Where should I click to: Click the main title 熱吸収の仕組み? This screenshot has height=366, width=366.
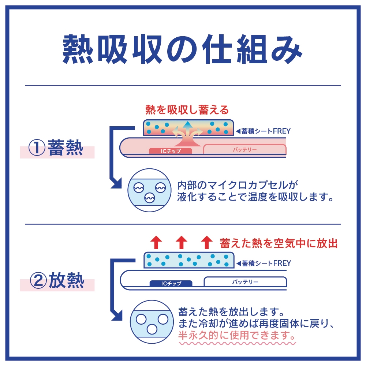pos(182,49)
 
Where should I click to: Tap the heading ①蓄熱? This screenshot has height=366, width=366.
pos(56,147)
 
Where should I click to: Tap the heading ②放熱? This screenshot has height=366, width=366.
pos(57,280)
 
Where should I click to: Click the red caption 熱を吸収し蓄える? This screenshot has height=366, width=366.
pos(187,110)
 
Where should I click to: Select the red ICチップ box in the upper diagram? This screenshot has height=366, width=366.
pos(171,151)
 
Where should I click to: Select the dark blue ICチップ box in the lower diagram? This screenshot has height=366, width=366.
pos(171,283)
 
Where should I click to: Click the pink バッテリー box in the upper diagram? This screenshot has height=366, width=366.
pos(245,149)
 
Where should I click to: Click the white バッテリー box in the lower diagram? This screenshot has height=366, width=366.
pos(245,282)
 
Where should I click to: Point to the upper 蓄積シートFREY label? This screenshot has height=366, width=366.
pos(263,131)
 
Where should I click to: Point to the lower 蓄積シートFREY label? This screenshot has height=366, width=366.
pos(264,263)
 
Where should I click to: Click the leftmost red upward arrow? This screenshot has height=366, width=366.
pos(156,242)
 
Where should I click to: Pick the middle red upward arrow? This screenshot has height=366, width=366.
pos(182,242)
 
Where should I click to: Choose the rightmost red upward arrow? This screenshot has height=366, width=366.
pos(206,242)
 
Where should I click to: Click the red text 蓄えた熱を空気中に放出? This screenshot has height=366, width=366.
pos(279,243)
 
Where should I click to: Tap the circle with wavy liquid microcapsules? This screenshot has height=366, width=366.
pos(149,190)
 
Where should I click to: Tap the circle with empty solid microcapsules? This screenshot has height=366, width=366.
pos(152,322)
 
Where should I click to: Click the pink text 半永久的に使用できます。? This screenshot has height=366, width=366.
pos(237,335)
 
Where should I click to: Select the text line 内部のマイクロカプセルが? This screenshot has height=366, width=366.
pos(238,185)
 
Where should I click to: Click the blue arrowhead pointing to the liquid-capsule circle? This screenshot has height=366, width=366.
pos(116,183)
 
